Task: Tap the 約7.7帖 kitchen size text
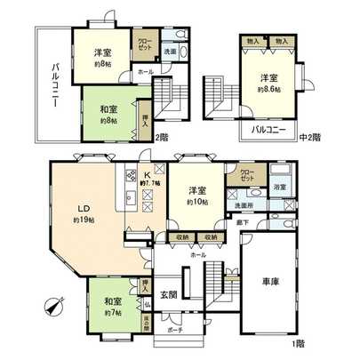coord(146,183)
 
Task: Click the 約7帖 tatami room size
coord(113,312)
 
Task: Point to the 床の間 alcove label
coord(145,322)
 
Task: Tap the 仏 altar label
coord(145,304)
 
